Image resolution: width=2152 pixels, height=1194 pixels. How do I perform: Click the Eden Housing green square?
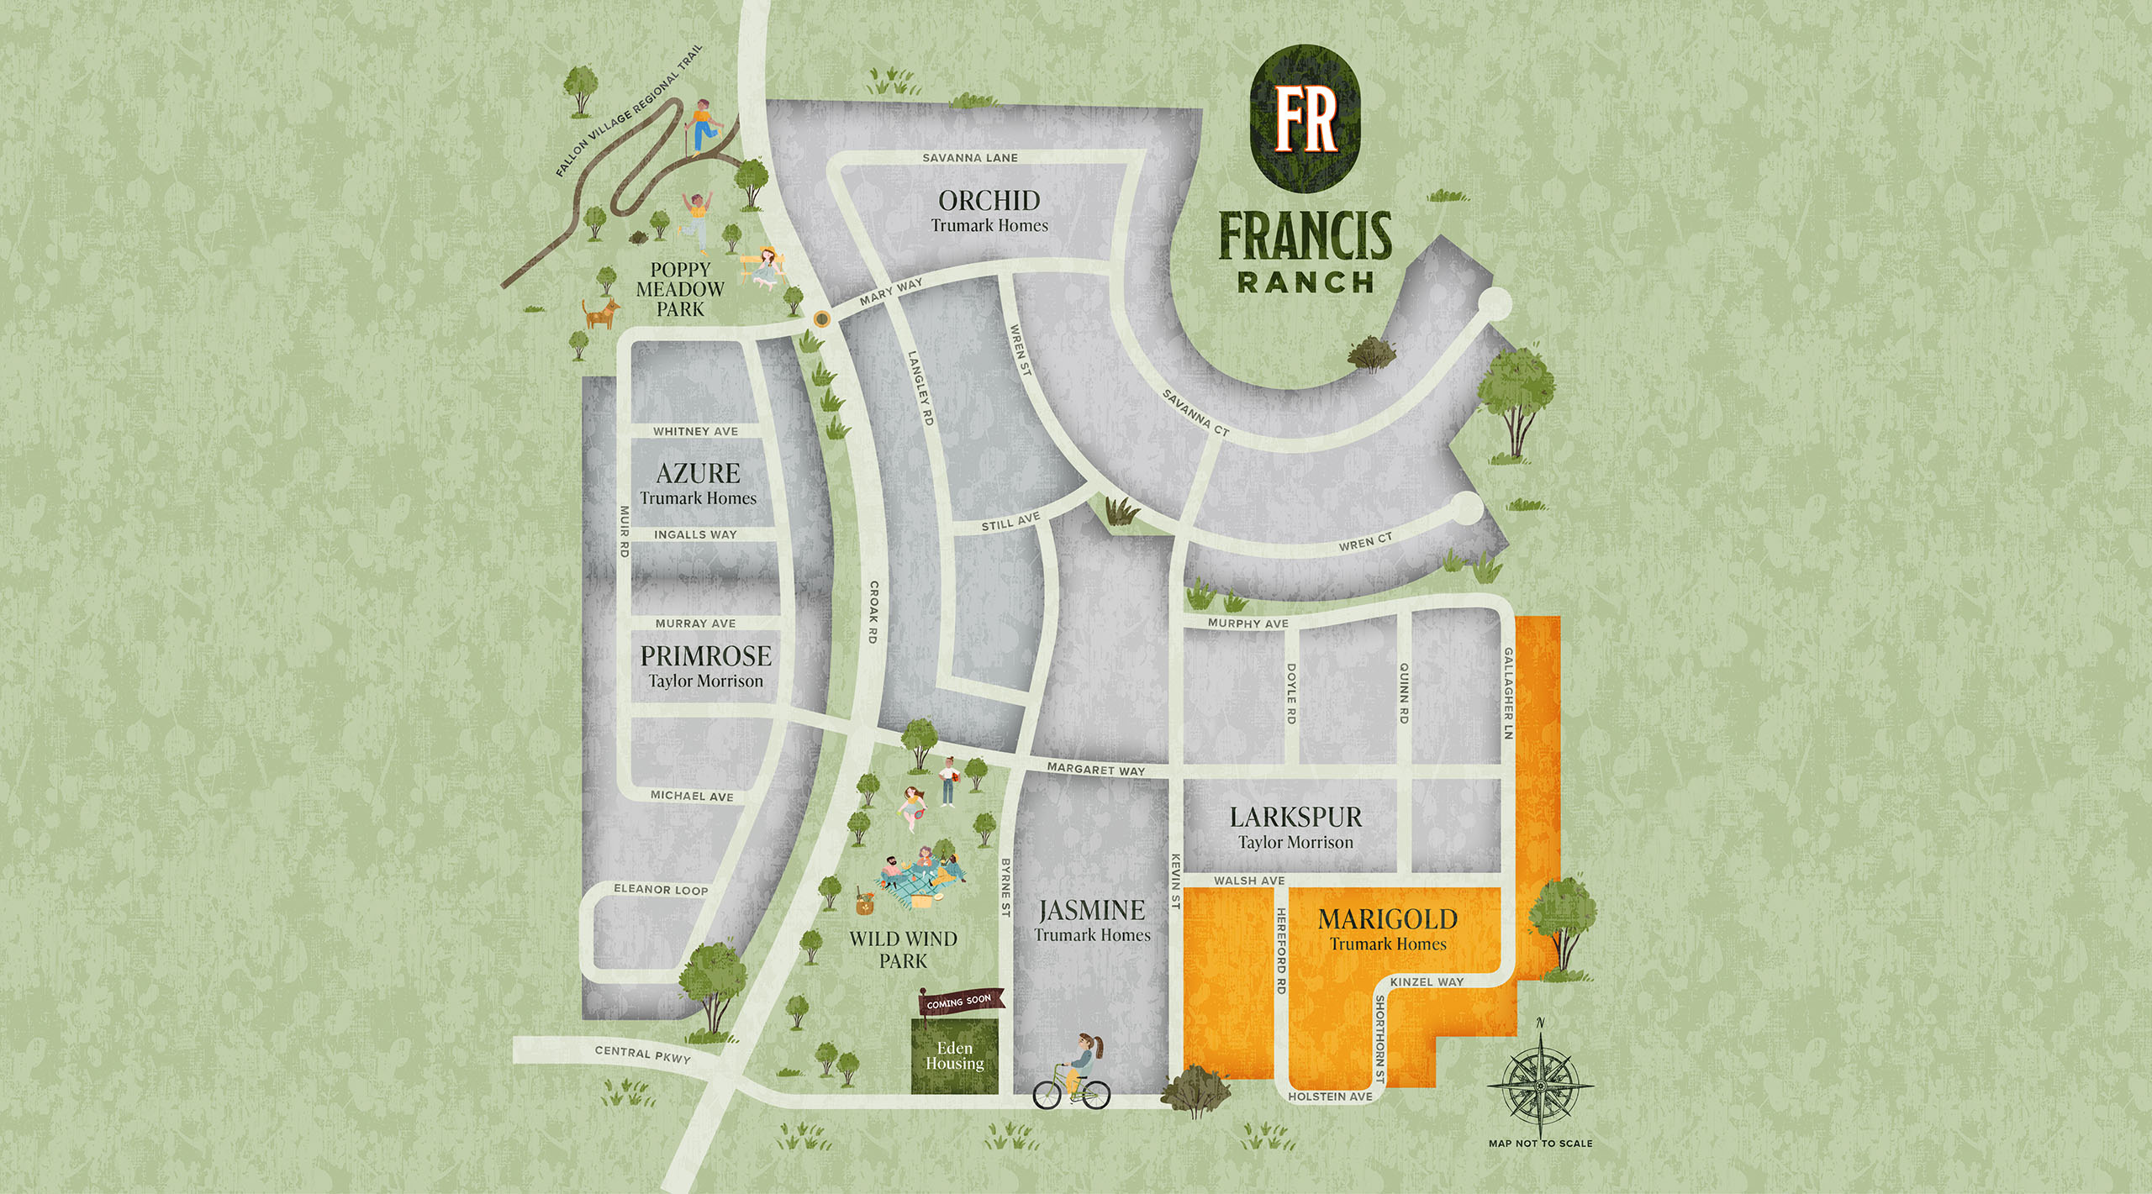coord(955,1056)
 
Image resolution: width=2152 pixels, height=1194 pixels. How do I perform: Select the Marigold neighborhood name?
coord(1388,919)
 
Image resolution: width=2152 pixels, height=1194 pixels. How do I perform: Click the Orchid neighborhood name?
coord(989,201)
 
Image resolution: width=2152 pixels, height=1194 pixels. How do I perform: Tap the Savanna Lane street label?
coord(970,158)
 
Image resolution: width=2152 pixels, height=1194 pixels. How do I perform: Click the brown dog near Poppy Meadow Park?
coord(602,313)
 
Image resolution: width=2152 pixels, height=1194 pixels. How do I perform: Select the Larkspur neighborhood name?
coord(1295,817)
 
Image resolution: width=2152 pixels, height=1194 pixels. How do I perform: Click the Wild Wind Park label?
coord(903,949)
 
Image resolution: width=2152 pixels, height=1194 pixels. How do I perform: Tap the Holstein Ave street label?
coord(1330,1097)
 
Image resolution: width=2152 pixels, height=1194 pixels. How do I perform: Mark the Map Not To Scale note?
coord(1540,1144)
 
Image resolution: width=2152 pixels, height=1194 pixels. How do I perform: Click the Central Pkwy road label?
coord(642,1055)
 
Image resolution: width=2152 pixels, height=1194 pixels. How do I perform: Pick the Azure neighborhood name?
coord(698,473)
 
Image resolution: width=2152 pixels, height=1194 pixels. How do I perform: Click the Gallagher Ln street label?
coord(1509,693)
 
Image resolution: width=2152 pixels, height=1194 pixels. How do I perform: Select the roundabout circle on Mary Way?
coord(820,318)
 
